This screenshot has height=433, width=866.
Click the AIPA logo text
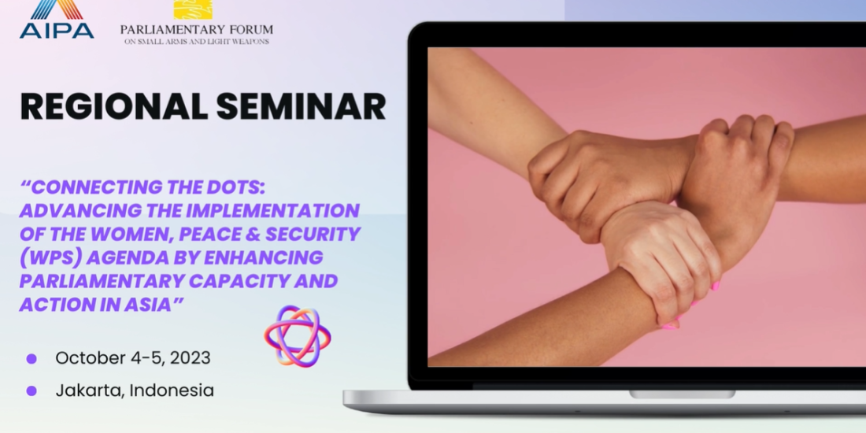[x=57, y=31]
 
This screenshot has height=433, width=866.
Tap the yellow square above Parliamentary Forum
[x=194, y=9]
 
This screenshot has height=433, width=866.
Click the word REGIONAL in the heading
[x=113, y=106]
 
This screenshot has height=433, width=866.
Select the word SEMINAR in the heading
[x=301, y=106]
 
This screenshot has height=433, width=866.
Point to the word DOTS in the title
[x=234, y=188]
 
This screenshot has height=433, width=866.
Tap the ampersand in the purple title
[x=252, y=234]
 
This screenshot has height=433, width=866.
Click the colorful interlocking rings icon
[x=298, y=336]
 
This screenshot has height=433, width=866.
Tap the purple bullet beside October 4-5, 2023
[x=31, y=358]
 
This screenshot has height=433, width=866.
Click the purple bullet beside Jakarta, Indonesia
[x=31, y=391]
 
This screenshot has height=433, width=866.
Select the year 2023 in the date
[x=190, y=358]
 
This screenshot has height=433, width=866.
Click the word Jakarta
[x=91, y=391]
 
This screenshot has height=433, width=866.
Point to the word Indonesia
[x=172, y=390]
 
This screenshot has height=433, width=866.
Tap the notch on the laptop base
[x=682, y=394]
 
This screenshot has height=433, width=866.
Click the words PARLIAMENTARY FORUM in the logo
[x=197, y=29]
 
